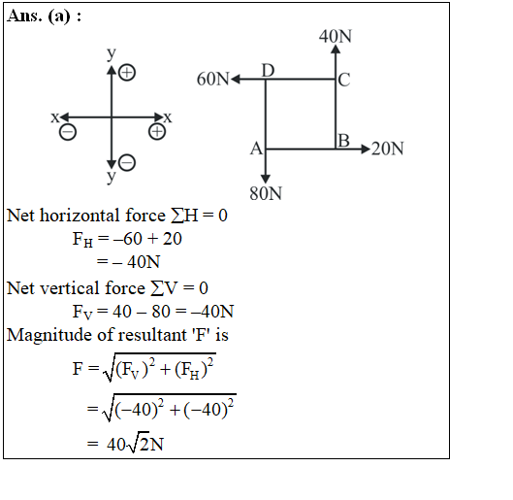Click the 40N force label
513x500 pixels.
pyautogui.click(x=336, y=36)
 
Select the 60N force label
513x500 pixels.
pyautogui.click(x=212, y=79)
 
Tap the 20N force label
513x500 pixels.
pyautogui.click(x=387, y=149)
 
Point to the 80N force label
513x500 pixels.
pyautogui.click(x=266, y=193)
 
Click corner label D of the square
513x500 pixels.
pyautogui.click(x=268, y=71)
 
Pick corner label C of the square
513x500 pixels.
pyautogui.click(x=344, y=80)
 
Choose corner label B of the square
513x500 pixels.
pyautogui.click(x=343, y=141)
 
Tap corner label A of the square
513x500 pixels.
pyautogui.click(x=256, y=149)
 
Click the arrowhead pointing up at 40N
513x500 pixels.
pyautogui.click(x=336, y=49)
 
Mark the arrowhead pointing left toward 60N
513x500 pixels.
pyautogui.click(x=236, y=80)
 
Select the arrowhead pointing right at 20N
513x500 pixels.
pyautogui.click(x=366, y=149)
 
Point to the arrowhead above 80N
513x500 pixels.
pyautogui.click(x=266, y=179)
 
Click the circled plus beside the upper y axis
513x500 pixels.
pyautogui.click(x=127, y=73)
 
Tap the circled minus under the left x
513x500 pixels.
pyautogui.click(x=68, y=132)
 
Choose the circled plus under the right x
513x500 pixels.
pyautogui.click(x=157, y=132)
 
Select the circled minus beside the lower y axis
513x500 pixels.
pyautogui.click(x=127, y=163)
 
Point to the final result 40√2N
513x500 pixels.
pyautogui.click(x=135, y=444)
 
